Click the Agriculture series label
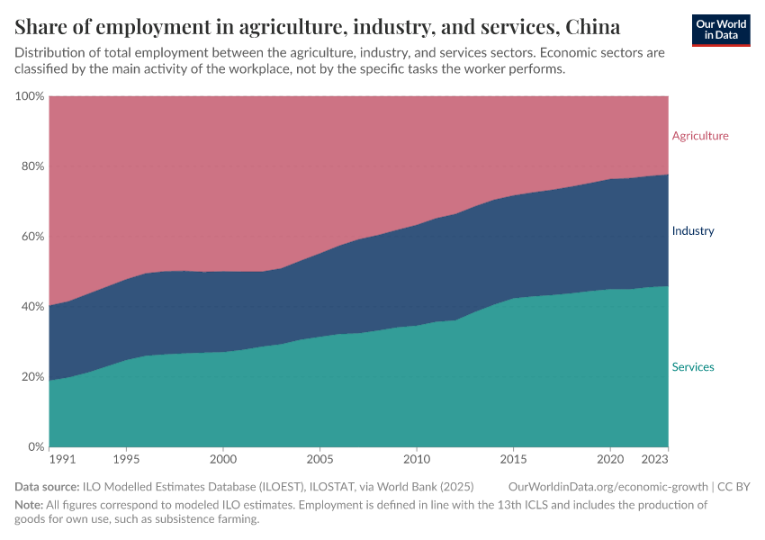click(700, 136)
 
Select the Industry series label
click(693, 230)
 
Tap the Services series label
click(693, 367)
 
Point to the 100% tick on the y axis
click(29, 96)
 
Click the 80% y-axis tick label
click(31, 166)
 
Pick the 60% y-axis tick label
click(31, 237)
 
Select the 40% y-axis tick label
click(31, 307)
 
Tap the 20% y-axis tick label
click(31, 377)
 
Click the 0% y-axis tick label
click(34, 447)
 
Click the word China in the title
click(592, 25)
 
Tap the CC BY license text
click(733, 487)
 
